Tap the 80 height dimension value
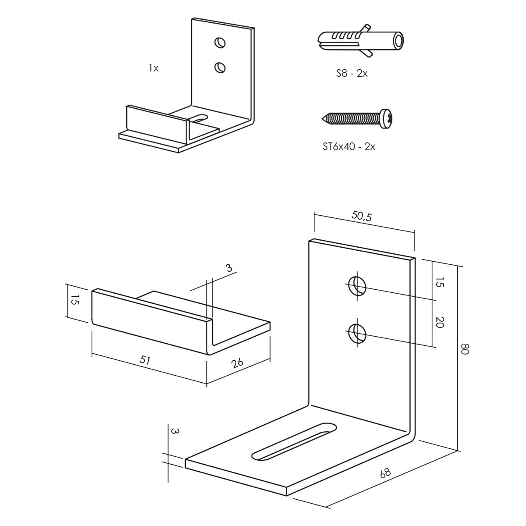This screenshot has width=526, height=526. (x=466, y=349)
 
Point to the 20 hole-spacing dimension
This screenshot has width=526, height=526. (x=440, y=323)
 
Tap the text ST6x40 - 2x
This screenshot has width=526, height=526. (x=348, y=146)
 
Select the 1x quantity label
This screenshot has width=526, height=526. (x=153, y=68)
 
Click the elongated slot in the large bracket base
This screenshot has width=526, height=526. (x=295, y=441)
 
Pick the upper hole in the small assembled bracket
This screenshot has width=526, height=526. (x=220, y=43)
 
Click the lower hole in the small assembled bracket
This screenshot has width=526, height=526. (x=220, y=67)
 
